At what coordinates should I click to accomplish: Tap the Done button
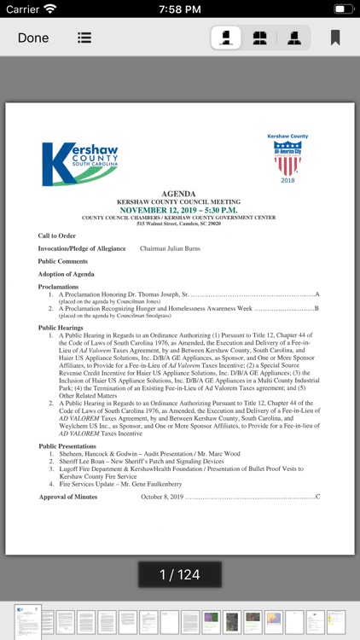coord(33,38)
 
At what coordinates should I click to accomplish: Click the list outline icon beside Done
coord(84,38)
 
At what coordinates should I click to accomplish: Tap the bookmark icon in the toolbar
coord(335,38)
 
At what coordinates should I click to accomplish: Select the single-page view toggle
coord(226,38)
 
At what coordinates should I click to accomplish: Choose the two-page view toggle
coord(260,38)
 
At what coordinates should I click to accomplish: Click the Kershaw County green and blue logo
coord(80,163)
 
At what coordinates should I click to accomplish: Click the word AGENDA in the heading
coord(178,194)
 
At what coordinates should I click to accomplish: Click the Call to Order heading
coord(56,236)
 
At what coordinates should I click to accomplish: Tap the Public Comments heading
coord(62,261)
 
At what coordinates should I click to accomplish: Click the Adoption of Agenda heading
coord(66,274)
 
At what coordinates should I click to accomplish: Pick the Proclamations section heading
coord(58,287)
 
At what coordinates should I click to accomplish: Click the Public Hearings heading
coord(61,328)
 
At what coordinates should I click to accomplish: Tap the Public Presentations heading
coord(67,446)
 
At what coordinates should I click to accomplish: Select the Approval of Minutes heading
coord(67,496)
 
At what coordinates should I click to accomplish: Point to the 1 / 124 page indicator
coord(179,574)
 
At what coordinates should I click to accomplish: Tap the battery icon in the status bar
coord(340,9)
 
